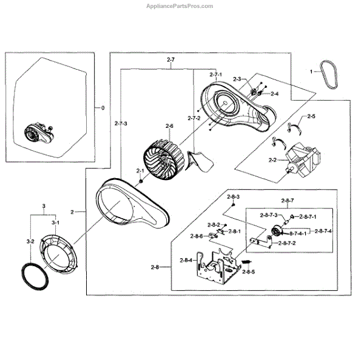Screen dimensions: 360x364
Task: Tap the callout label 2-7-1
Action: [215, 75]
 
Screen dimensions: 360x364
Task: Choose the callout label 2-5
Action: [312, 116]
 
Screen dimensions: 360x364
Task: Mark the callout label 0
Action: [103, 107]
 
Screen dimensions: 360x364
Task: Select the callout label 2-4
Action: [274, 94]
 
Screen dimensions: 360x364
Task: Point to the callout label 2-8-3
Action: [234, 198]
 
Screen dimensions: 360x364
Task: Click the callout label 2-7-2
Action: [194, 117]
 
